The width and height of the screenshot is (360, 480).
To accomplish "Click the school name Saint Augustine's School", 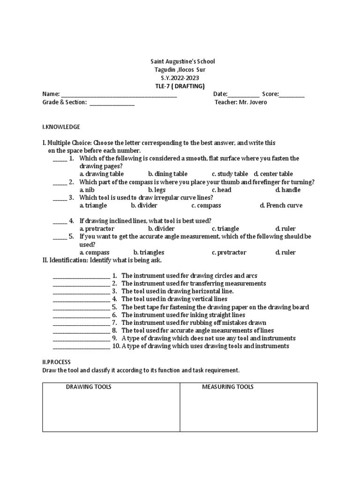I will tap(182, 61).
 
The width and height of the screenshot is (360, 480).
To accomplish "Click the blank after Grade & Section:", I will tap(112, 104).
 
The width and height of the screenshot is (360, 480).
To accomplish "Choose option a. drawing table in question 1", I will tap(101, 174).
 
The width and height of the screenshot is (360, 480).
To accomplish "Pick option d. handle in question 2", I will tap(288, 190).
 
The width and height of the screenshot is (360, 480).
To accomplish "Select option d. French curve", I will tap(281, 205).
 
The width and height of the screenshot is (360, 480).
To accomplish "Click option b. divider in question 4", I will tap(161, 228).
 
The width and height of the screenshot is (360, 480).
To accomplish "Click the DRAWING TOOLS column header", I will tap(88, 387).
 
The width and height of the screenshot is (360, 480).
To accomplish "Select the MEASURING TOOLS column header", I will tap(227, 387).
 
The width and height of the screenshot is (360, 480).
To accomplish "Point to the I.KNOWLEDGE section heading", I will tap(61, 127).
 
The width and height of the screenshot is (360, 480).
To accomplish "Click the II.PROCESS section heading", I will tap(56, 362).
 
